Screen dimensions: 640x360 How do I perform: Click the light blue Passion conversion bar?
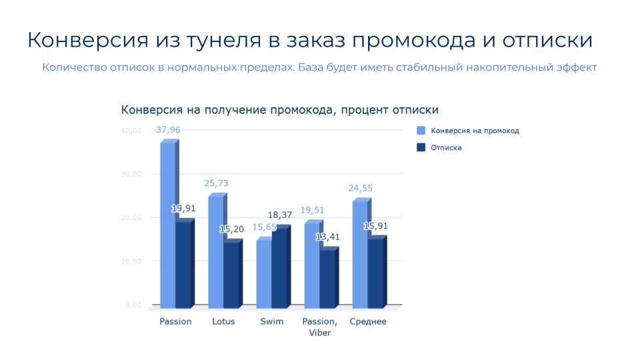point(168,224)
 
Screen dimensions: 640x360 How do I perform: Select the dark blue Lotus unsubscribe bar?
point(231,273)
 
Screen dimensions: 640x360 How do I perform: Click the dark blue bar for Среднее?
point(375,271)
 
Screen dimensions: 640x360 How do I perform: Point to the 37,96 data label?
point(168,130)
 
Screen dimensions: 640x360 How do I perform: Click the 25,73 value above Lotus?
point(216,183)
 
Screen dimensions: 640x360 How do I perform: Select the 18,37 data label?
point(280,215)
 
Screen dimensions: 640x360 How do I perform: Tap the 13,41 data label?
point(328,237)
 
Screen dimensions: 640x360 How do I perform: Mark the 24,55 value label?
point(361,188)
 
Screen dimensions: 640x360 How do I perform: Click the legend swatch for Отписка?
point(421,147)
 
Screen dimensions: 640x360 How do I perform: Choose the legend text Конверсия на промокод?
point(475,131)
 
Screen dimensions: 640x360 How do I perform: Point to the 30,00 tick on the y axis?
point(131,174)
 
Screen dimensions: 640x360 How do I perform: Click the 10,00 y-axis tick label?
point(131,261)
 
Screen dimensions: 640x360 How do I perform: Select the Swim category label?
point(272,321)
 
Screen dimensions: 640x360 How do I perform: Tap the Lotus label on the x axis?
point(224,321)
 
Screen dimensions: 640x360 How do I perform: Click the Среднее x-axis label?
point(368,321)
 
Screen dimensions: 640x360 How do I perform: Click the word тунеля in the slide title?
point(224,41)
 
